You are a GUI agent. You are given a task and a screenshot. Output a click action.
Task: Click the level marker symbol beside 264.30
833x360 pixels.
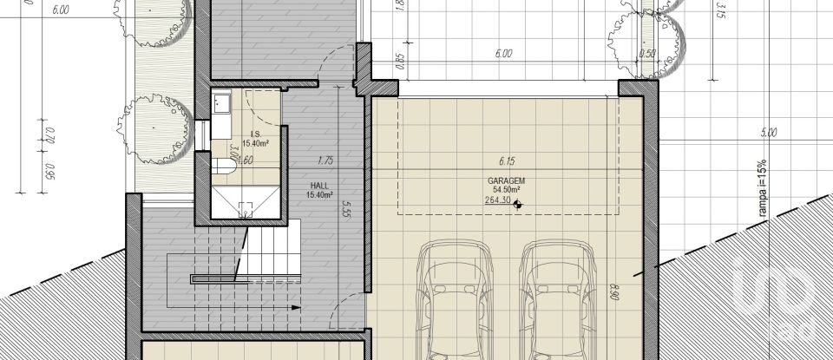[518, 205]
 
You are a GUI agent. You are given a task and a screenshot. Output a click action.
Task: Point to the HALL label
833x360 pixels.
[318, 187]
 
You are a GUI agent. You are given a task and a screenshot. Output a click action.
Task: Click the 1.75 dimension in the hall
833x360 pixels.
[325, 161]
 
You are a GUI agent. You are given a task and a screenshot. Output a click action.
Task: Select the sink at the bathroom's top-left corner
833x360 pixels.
[220, 105]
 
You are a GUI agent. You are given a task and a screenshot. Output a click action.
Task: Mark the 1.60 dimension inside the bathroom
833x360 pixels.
[246, 160]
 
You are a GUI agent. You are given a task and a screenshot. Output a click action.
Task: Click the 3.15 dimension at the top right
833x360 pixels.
[719, 11]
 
